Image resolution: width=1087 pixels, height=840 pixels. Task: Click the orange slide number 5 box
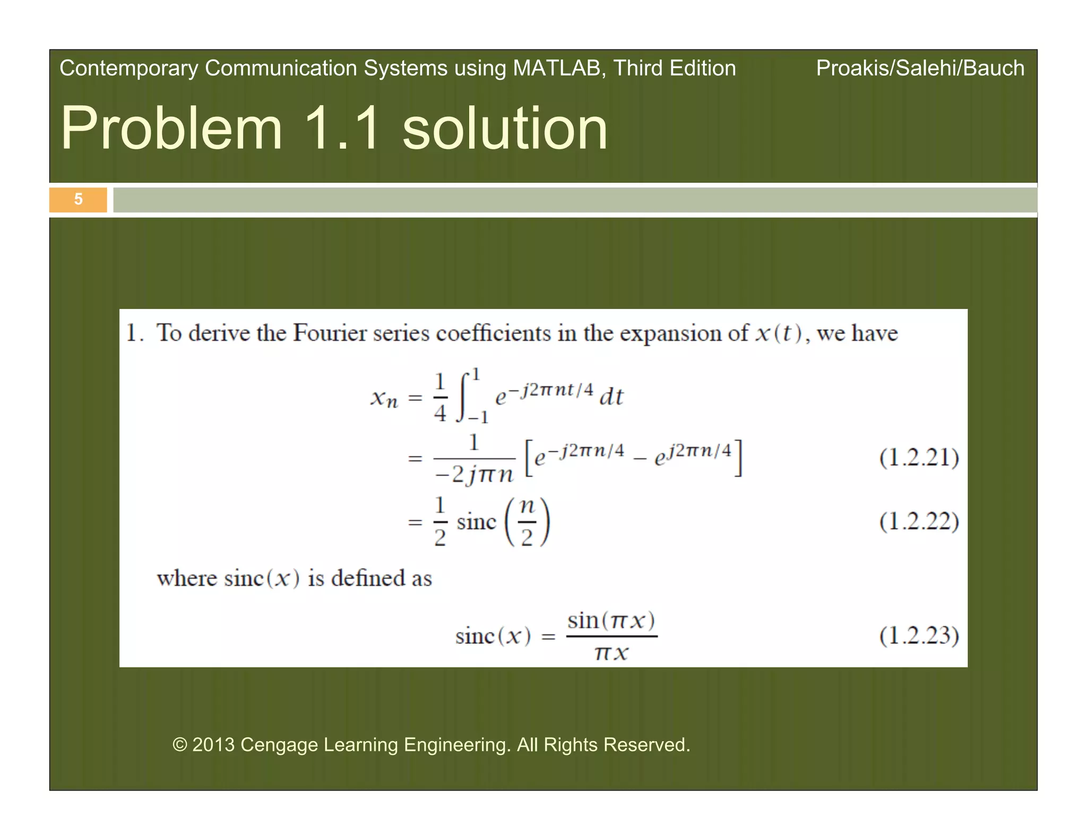[x=78, y=199]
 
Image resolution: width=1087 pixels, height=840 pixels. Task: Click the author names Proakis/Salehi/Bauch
[x=920, y=68]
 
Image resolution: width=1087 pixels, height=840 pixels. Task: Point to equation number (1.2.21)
[x=919, y=458]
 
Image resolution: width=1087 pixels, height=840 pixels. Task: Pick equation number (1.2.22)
[x=919, y=521]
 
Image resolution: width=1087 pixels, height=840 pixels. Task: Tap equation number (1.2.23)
[x=919, y=636]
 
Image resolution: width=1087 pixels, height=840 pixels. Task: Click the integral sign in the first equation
[x=464, y=397]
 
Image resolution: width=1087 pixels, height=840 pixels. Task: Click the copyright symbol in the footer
[x=180, y=745]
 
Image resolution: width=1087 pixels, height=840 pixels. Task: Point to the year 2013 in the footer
[x=213, y=745]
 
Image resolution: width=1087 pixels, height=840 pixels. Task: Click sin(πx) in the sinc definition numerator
[x=611, y=620]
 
